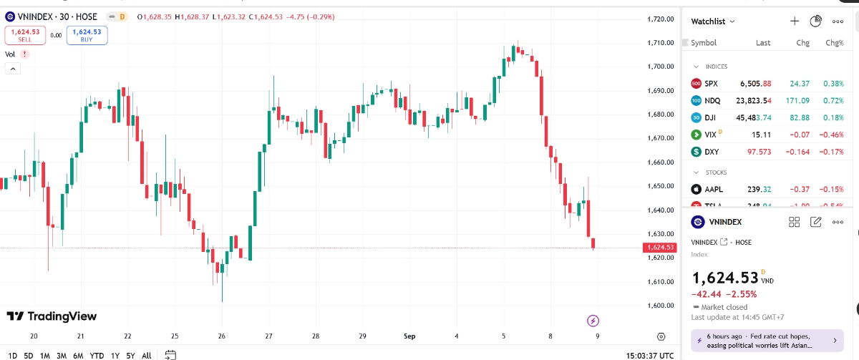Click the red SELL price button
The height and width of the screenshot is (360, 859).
click(x=25, y=35)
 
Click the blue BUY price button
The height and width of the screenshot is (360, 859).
click(x=87, y=35)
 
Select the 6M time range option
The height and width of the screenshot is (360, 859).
click(x=78, y=355)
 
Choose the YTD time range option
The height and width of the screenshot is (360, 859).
click(x=97, y=355)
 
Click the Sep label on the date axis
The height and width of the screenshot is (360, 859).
click(x=409, y=336)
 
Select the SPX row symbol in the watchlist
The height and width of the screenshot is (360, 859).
click(x=711, y=84)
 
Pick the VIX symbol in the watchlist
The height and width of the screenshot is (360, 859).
click(x=710, y=135)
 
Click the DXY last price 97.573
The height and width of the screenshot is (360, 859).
click(x=758, y=152)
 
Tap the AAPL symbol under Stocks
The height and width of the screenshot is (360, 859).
click(x=713, y=190)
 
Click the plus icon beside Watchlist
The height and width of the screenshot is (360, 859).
click(x=795, y=21)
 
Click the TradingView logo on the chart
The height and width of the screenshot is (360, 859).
click(x=52, y=316)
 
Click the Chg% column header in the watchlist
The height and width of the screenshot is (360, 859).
click(x=834, y=43)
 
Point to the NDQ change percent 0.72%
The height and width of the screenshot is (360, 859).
click(x=834, y=101)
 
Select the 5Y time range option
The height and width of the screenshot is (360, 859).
click(x=130, y=355)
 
